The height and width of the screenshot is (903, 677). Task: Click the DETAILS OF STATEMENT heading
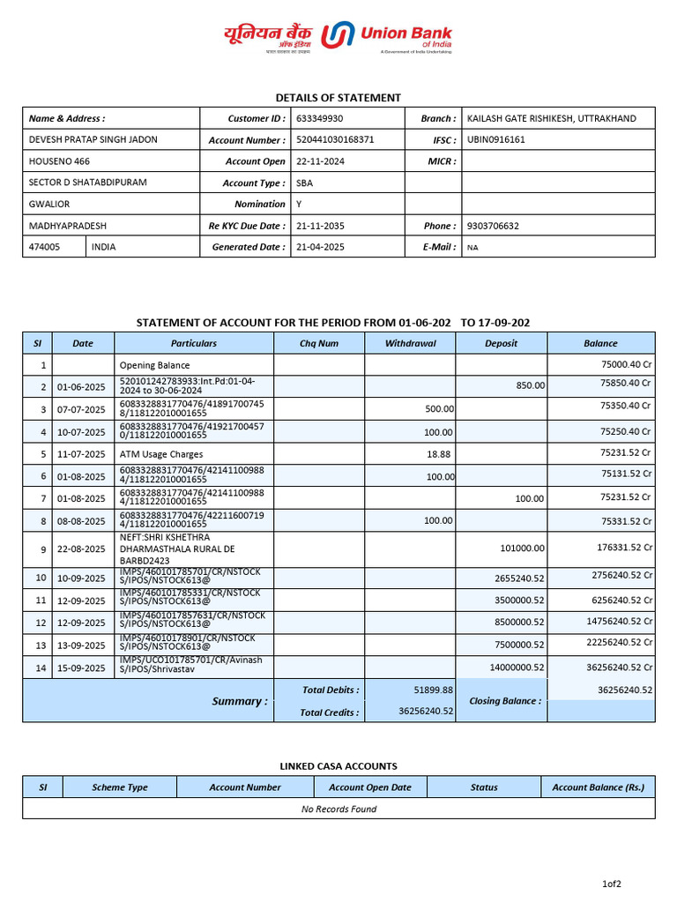click(x=338, y=98)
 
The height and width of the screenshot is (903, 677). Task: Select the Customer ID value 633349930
click(x=320, y=118)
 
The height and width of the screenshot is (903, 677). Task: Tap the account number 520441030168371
click(x=335, y=139)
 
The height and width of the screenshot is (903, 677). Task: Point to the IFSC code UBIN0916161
click(x=495, y=139)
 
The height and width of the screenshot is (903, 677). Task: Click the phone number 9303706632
click(x=493, y=226)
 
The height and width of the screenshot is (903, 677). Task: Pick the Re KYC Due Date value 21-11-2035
click(x=320, y=226)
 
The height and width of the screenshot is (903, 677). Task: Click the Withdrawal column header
click(x=410, y=343)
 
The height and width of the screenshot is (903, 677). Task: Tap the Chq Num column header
click(x=319, y=343)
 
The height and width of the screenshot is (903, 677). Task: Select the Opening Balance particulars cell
click(x=154, y=365)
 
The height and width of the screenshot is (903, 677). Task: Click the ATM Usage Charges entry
click(x=160, y=453)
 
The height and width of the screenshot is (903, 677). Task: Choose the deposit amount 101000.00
click(x=523, y=548)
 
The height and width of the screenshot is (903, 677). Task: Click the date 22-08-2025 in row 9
click(x=82, y=549)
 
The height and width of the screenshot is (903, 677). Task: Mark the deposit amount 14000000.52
click(x=517, y=668)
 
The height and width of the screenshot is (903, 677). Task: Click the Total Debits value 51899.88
click(x=433, y=690)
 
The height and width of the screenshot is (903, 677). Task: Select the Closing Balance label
click(x=505, y=701)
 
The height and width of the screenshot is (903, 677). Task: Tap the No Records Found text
click(x=338, y=809)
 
